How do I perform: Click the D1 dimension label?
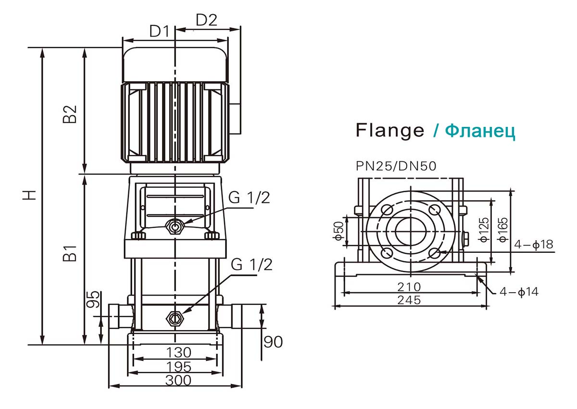(159, 32)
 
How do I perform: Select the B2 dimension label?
(71, 114)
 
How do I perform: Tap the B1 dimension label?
(71, 253)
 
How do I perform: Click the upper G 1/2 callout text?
(250, 198)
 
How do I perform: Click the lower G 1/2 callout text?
(251, 264)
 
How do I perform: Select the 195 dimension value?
(178, 367)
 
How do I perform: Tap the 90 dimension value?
(273, 342)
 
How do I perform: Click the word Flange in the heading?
(390, 130)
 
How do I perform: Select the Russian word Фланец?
(480, 130)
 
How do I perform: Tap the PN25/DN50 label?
(396, 166)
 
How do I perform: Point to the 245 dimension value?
(409, 300)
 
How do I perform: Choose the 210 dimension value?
(409, 287)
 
